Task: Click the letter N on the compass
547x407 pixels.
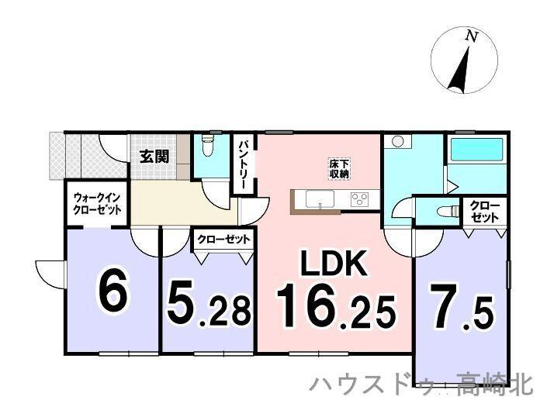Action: click(x=470, y=36)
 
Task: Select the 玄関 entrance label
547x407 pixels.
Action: click(x=154, y=156)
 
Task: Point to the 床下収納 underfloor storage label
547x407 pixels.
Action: click(x=338, y=168)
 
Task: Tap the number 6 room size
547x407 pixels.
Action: click(x=113, y=291)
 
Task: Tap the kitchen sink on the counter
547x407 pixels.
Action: click(x=319, y=200)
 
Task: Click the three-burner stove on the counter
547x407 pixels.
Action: click(x=360, y=199)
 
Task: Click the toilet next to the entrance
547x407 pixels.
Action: click(x=206, y=147)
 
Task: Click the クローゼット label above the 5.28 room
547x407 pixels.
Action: click(x=223, y=240)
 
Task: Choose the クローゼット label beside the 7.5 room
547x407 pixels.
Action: click(x=485, y=212)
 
